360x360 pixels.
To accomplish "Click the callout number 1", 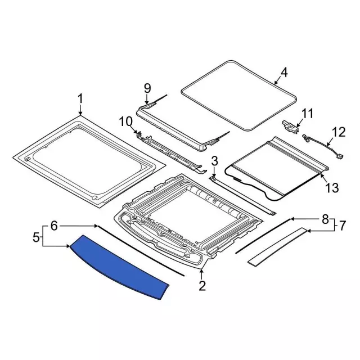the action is [x=80, y=99].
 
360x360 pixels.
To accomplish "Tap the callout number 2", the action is [x=202, y=286].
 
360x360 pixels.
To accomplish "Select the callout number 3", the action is [x=214, y=161].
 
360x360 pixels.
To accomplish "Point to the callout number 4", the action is [x=283, y=73].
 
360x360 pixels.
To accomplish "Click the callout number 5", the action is [x=36, y=237].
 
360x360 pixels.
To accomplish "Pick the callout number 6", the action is [x=54, y=226].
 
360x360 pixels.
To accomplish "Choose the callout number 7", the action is [x=342, y=226].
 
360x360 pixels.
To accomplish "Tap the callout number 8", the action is [x=325, y=219].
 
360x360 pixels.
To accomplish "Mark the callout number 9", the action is [x=147, y=89].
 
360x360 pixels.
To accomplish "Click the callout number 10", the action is [x=126, y=121].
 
